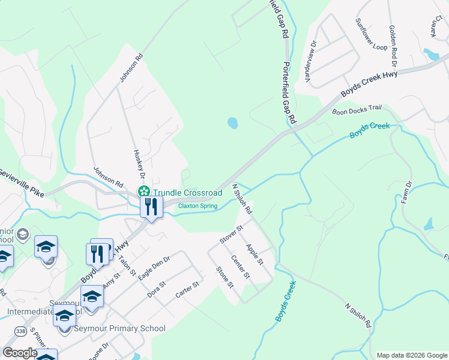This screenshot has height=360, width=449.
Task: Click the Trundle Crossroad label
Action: (x=187, y=193)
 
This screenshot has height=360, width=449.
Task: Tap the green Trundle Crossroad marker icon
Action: (x=144, y=192)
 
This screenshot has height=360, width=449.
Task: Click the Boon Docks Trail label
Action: (x=357, y=109)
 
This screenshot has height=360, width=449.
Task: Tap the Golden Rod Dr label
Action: (x=393, y=46)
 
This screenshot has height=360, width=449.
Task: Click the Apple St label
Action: (x=255, y=254)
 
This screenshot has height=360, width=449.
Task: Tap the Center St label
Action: (x=240, y=267)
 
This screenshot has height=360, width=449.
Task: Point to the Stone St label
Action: (x=224, y=277)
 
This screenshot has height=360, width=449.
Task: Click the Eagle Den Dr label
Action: (x=154, y=268)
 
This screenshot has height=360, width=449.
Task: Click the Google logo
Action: (x=20, y=353)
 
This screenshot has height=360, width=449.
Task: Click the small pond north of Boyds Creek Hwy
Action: (x=232, y=124)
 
